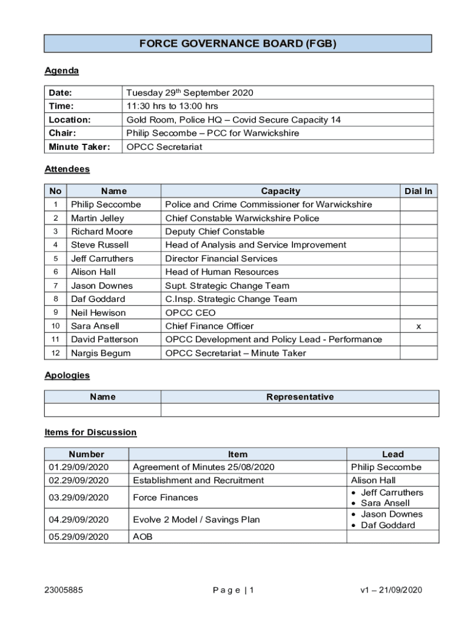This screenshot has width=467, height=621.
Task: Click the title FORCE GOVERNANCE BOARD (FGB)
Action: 238,44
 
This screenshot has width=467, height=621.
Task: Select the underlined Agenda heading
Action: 61,71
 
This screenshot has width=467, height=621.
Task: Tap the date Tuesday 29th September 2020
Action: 189,93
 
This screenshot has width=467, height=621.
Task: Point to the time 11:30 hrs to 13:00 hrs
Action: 172,106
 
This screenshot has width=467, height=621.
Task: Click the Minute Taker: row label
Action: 79,147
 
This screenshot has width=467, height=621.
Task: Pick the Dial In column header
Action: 418,191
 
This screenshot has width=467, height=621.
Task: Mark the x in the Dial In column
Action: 418,326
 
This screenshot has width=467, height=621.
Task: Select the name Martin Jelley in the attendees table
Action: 97,218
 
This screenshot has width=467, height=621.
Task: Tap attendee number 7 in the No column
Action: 55,286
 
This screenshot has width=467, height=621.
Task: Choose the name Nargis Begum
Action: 100,353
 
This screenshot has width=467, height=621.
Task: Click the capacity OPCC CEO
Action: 190,313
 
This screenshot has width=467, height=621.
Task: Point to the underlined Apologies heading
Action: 67,375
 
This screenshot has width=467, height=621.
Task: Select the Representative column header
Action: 300,397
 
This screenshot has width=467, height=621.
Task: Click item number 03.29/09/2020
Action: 78,498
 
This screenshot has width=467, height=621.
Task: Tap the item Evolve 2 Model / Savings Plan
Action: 196,520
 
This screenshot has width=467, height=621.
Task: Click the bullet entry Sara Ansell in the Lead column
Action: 385,503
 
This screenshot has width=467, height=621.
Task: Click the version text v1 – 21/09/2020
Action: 391,590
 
